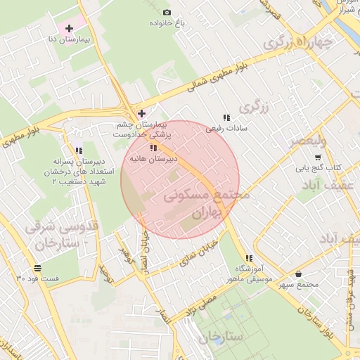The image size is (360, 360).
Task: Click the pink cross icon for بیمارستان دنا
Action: pos(69,30)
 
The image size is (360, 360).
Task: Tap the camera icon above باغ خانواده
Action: pos(167,12)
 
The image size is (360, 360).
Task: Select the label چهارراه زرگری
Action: pos(295,41)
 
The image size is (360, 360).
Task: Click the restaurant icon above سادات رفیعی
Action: pos(226,117)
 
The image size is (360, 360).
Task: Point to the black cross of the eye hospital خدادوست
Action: pos(141,112)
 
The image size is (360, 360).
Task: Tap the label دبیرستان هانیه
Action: pos(152,160)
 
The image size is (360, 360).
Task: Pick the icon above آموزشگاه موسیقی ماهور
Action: pos(249,257)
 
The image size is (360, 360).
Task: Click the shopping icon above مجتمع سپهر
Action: pos(299,274)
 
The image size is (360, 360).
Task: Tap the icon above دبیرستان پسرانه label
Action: pos(79,150)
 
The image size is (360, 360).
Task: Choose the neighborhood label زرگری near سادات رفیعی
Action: pos(254,107)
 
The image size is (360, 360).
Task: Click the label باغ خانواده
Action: pos(166,23)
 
